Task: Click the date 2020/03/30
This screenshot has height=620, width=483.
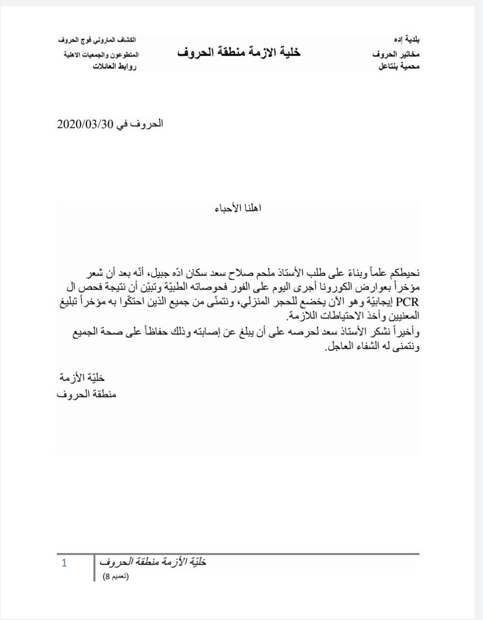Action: pos(85,124)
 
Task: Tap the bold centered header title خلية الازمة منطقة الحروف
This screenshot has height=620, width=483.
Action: pos(239,52)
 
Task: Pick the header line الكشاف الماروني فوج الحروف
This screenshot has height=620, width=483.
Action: pos(97,39)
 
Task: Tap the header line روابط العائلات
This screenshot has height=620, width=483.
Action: pos(114,66)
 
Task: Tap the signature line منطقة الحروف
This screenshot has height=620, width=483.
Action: pos(86,394)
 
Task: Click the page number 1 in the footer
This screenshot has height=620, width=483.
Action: pos(64,563)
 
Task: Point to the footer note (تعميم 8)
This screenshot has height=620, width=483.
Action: pos(116,576)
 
